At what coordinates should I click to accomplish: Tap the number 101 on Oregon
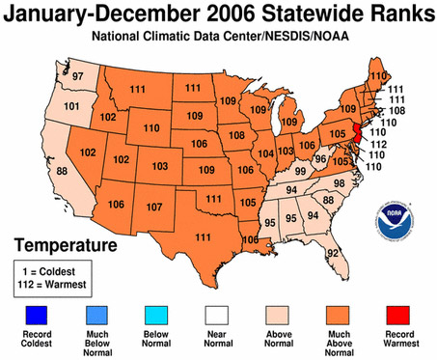click(44, 106)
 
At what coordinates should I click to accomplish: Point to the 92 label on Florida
click(360, 254)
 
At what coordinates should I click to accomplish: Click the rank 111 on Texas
click(205, 238)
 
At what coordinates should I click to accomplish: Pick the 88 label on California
click(36, 171)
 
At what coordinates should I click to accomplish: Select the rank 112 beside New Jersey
click(379, 145)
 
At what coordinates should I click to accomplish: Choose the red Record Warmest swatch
click(399, 316)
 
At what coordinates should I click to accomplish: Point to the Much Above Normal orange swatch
click(339, 316)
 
